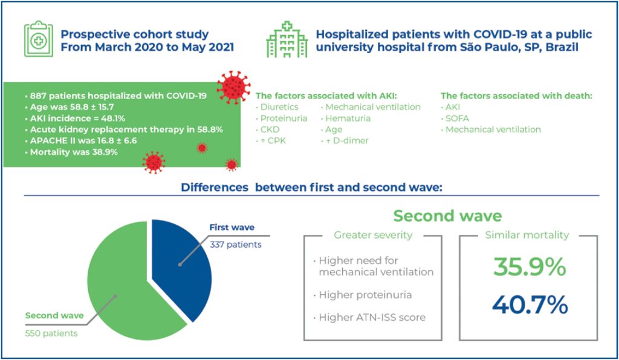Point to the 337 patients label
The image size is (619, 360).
tap(235, 245)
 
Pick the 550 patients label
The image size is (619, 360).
tap(51, 333)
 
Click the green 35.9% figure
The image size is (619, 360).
tap(529, 267)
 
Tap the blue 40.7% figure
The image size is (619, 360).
tap(529, 304)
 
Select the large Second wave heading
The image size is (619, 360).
tap(447, 216)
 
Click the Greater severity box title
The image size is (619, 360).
tap(373, 235)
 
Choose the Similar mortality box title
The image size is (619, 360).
tap(527, 235)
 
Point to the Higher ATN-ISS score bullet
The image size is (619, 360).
tap(372, 317)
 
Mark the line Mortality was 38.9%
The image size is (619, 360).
tap(74, 152)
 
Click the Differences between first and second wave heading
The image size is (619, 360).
tap(312, 188)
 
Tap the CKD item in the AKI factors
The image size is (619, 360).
tap(270, 129)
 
